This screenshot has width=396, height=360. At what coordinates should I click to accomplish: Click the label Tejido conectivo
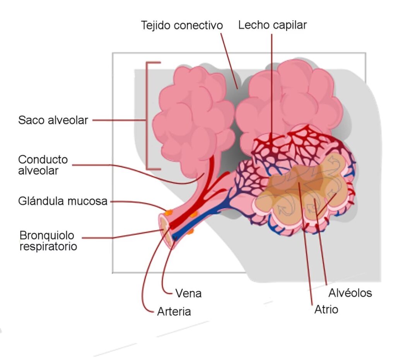tap(182, 25)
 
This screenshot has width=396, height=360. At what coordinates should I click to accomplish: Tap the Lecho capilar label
tap(272, 25)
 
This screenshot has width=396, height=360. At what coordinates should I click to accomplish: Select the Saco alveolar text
tap(53, 120)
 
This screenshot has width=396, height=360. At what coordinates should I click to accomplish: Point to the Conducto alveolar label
tap(43, 165)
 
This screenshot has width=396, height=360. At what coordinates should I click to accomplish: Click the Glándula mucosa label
tap(63, 201)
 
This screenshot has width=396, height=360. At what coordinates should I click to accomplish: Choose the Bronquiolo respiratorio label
tap(48, 241)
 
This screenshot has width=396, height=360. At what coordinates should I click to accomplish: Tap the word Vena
tap(188, 293)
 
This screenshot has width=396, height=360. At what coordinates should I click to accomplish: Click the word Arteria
tap(174, 311)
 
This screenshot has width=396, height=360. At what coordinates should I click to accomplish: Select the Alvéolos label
tap(350, 293)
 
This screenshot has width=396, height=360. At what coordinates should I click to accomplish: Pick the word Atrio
tap(326, 309)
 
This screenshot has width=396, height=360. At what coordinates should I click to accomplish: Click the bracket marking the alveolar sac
tap(148, 116)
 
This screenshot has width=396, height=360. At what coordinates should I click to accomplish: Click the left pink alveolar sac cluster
tap(193, 116)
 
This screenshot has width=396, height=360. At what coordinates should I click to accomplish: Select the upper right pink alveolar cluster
tap(290, 97)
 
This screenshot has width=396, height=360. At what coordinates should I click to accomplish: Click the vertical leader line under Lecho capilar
tap(272, 85)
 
